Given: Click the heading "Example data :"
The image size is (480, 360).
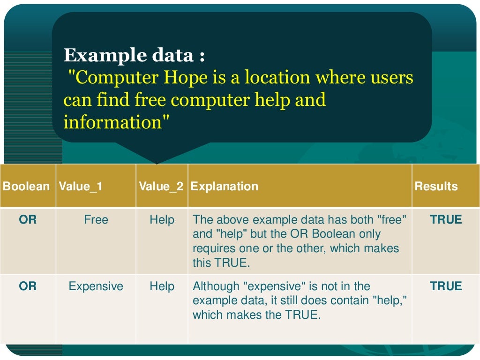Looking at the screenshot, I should click(134, 56).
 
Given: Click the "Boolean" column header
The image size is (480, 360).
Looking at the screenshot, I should click(26, 187).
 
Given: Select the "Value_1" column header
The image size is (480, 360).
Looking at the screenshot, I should click(81, 187).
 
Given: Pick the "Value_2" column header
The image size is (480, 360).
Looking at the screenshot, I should click(161, 187).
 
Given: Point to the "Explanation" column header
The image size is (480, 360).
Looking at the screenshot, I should click(225, 187).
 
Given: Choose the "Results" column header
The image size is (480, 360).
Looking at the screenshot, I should click(436, 187).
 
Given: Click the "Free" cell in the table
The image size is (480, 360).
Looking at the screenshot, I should click(96, 219).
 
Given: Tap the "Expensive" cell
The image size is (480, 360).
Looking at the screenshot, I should click(96, 286).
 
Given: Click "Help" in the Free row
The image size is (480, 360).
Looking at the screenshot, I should click(162, 219).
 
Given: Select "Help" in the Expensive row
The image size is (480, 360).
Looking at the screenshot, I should click(162, 286).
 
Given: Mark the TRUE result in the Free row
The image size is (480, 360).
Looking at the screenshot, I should click(446, 219).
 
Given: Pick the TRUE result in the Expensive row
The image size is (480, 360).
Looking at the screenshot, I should click(446, 286).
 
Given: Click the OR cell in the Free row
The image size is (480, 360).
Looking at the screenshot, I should click(28, 219).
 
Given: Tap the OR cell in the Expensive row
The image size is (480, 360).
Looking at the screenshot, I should click(28, 286).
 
